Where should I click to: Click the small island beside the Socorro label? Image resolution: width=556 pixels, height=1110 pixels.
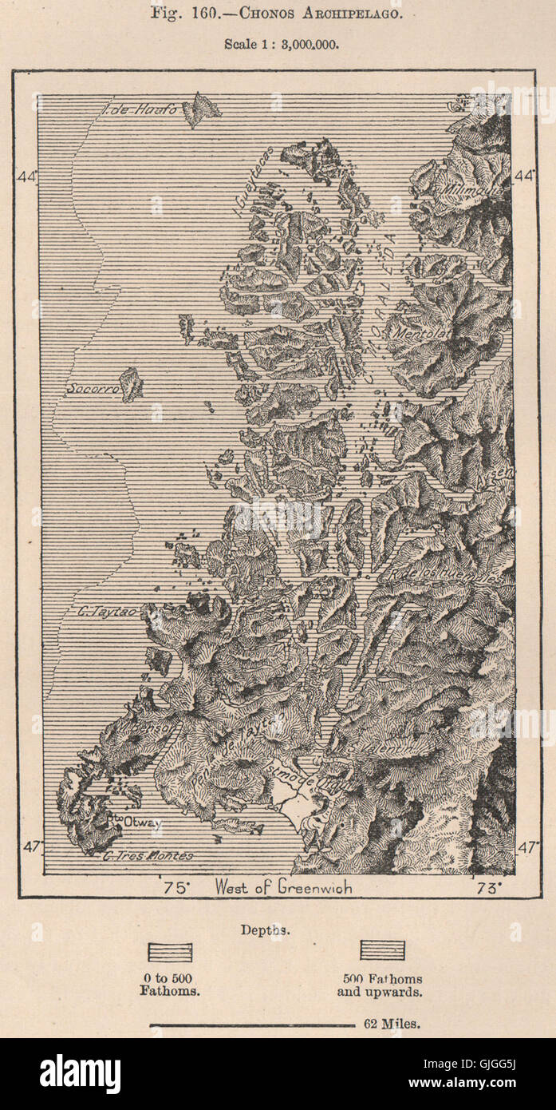pyautogui.click(x=131, y=384)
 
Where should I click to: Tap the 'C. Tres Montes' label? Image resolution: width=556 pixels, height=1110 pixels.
pyautogui.click(x=148, y=855)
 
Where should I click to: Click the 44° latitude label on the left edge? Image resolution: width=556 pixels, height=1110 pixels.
pyautogui.click(x=25, y=176)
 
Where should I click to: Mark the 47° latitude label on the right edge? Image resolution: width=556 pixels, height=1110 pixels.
pyautogui.click(x=527, y=847)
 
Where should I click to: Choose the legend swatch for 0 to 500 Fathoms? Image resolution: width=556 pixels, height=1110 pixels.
pyautogui.click(x=170, y=952)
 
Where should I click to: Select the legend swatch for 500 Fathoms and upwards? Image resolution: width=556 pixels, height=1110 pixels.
pyautogui.click(x=382, y=950)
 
